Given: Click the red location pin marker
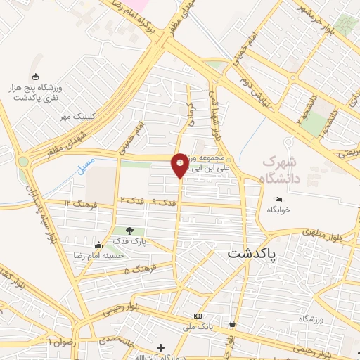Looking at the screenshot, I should pos(180,165).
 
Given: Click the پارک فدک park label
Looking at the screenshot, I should pos(129,242).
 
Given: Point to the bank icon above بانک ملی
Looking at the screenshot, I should pos(198,316).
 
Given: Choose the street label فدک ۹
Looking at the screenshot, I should pos(165,202).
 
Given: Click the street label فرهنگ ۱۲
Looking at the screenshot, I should pos(77,203).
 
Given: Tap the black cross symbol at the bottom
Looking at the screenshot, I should pos(161,347).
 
